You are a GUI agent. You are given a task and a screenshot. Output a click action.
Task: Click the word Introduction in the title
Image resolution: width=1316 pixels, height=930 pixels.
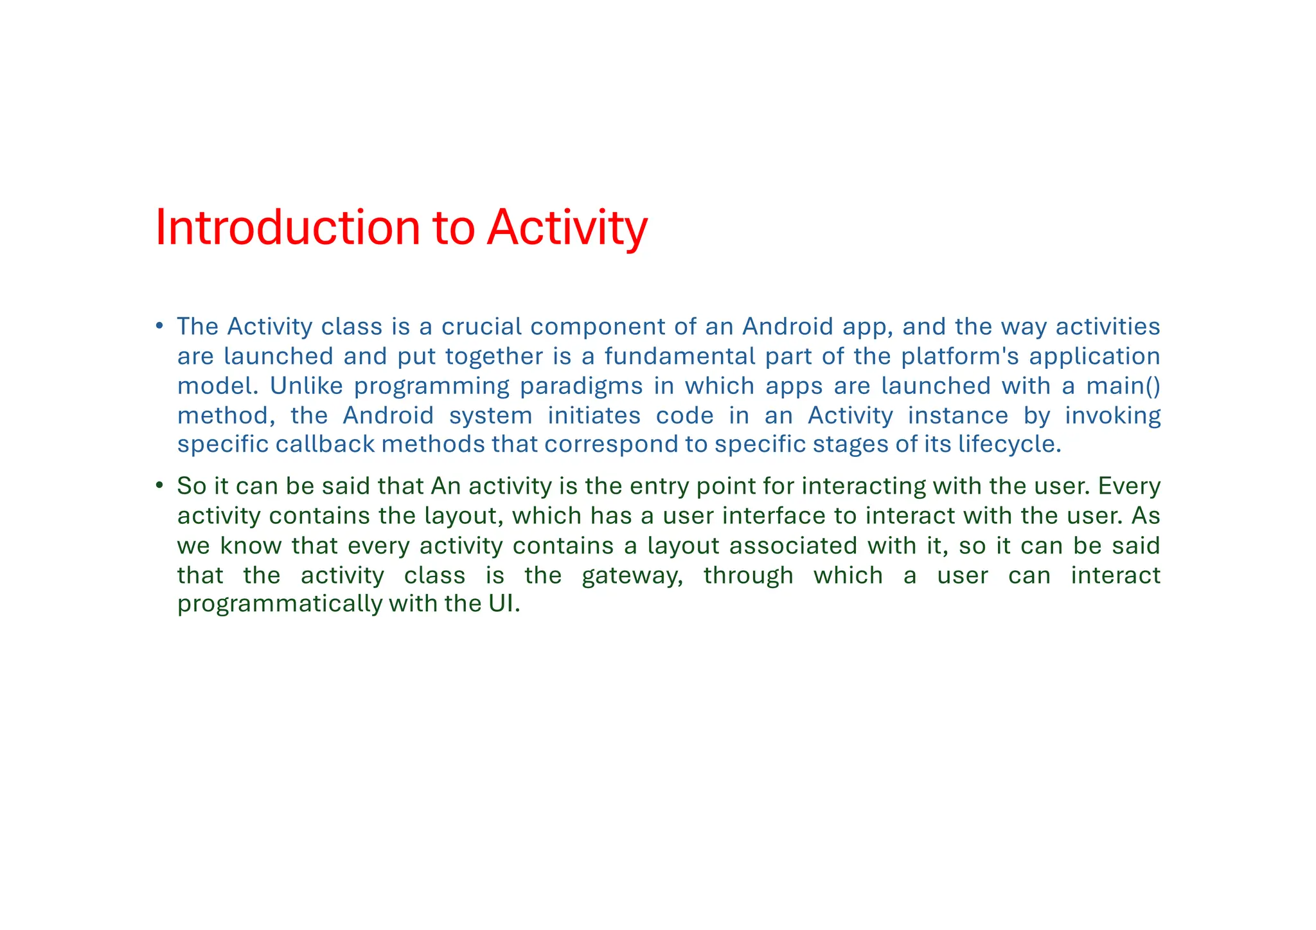click(x=287, y=228)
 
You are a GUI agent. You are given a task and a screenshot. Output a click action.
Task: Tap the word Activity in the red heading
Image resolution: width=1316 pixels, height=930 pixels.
click(x=567, y=228)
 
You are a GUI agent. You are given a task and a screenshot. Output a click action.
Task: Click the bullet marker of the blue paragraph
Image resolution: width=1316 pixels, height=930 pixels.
click(x=159, y=326)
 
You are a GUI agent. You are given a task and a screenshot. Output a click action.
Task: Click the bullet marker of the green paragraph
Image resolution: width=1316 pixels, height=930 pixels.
click(x=159, y=485)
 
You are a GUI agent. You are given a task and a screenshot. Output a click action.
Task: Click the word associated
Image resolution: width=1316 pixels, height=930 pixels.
click(x=793, y=546)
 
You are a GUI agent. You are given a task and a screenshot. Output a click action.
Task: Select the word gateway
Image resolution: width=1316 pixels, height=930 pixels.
click(x=632, y=576)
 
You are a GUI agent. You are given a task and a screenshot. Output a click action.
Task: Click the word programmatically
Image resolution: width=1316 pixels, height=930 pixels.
click(x=280, y=604)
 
